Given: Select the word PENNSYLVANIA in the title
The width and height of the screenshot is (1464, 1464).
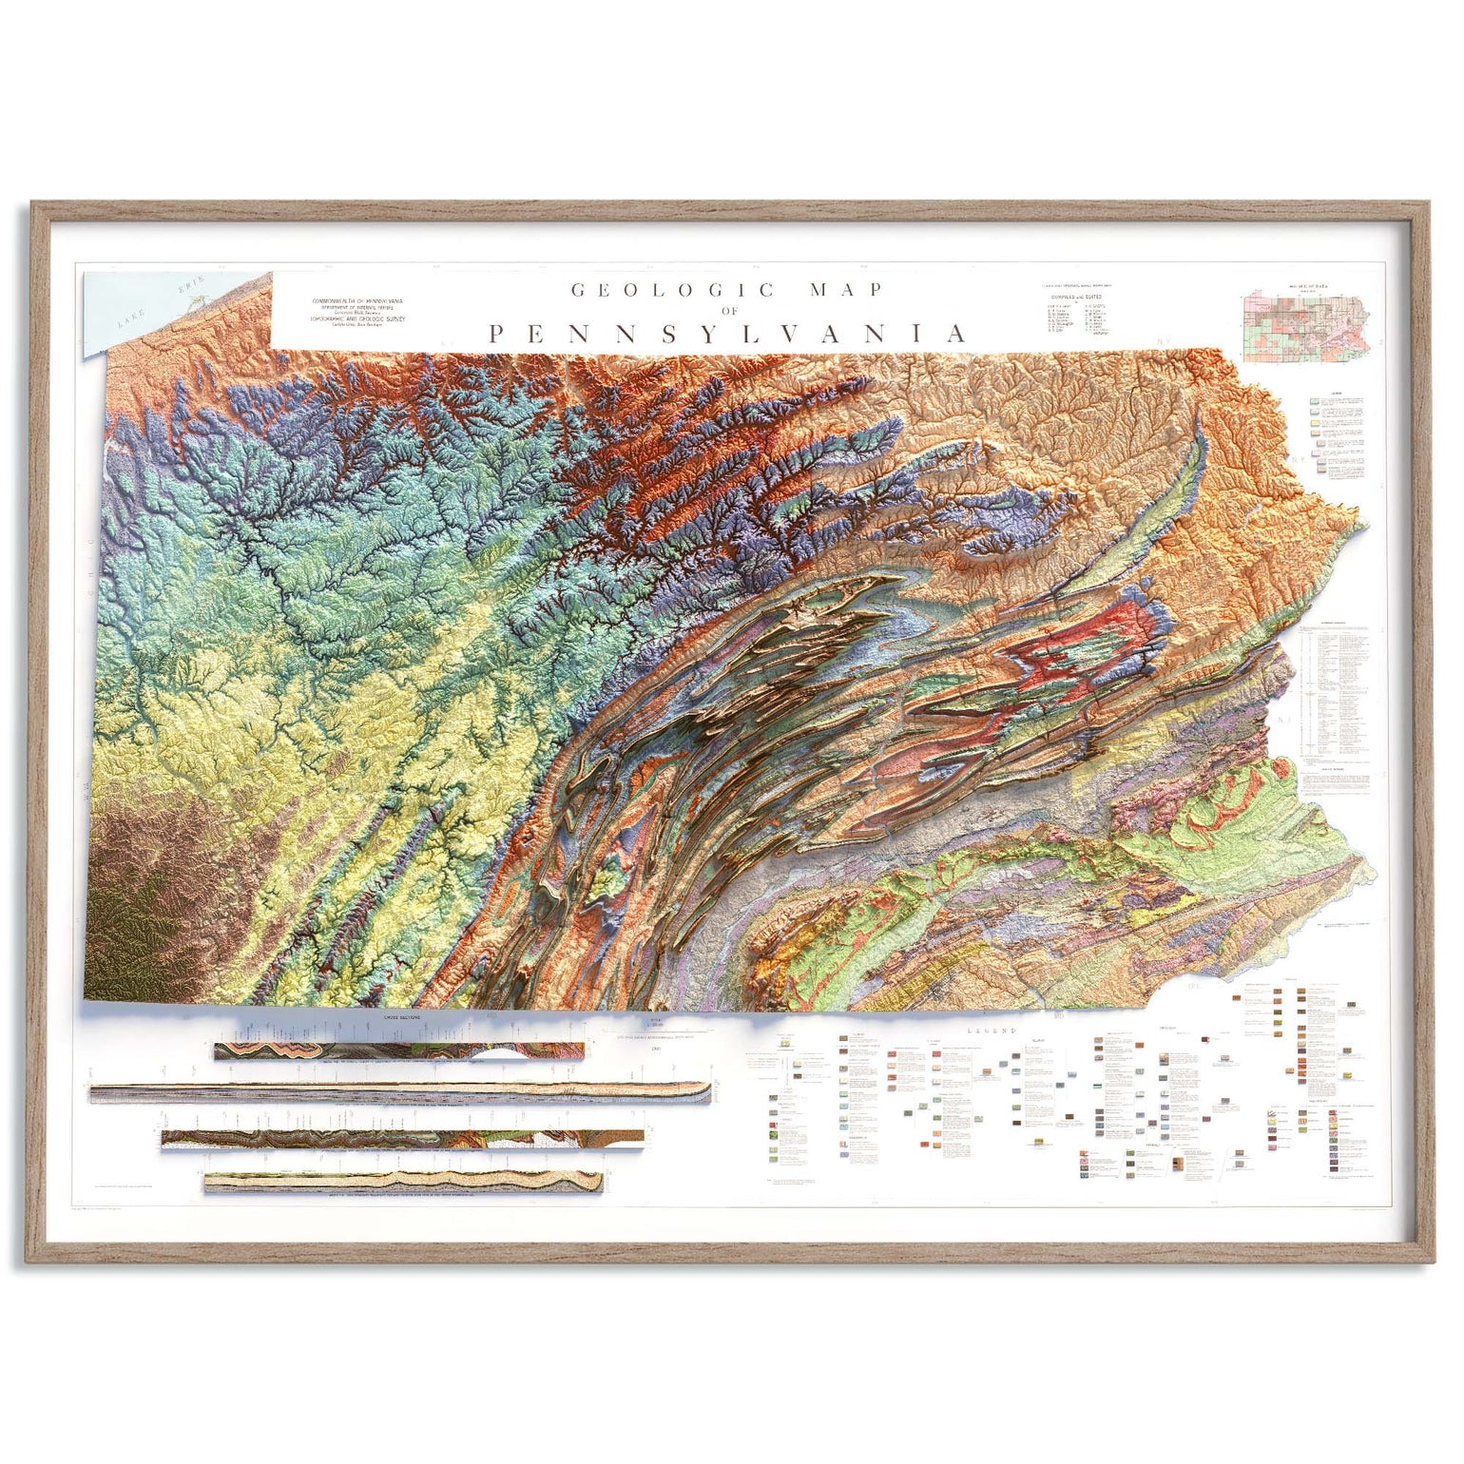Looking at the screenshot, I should pyautogui.click(x=728, y=334).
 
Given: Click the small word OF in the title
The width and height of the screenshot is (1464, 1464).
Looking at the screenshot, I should pyautogui.click(x=729, y=311).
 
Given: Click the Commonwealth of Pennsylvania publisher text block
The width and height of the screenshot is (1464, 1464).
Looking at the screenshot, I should pyautogui.click(x=356, y=312).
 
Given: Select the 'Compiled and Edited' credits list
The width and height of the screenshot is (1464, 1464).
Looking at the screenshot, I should pyautogui.click(x=1078, y=314).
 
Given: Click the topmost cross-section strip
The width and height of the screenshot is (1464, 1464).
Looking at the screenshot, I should pyautogui.click(x=399, y=1050).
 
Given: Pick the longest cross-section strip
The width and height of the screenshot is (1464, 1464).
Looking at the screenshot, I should pyautogui.click(x=399, y=1092).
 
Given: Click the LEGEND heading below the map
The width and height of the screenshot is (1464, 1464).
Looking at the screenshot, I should pyautogui.click(x=992, y=1031).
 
